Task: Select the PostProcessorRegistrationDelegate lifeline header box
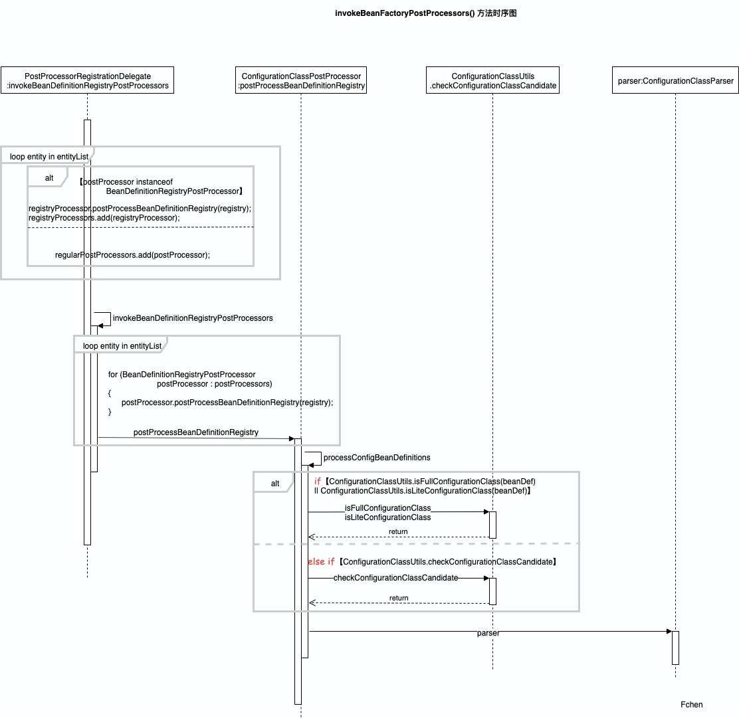point(87,80)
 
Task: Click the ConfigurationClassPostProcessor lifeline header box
point(301,80)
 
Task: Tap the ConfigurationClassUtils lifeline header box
point(492,80)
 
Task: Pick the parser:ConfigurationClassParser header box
point(675,81)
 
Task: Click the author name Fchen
point(691,705)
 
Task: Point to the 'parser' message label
point(488,633)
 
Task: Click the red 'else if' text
point(321,562)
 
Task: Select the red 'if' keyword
point(318,481)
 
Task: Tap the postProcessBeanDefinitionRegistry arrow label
point(195,432)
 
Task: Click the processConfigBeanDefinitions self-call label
point(377,458)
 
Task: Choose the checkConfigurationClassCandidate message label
point(395,578)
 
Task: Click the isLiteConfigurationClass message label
point(387,517)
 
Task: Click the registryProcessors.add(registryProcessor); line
point(104,217)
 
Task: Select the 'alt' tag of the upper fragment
point(49,178)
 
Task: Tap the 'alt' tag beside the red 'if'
point(275,484)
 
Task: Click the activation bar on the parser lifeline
point(675,648)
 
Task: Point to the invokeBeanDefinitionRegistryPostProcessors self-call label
point(193,318)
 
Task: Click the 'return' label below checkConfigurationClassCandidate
point(399,598)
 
